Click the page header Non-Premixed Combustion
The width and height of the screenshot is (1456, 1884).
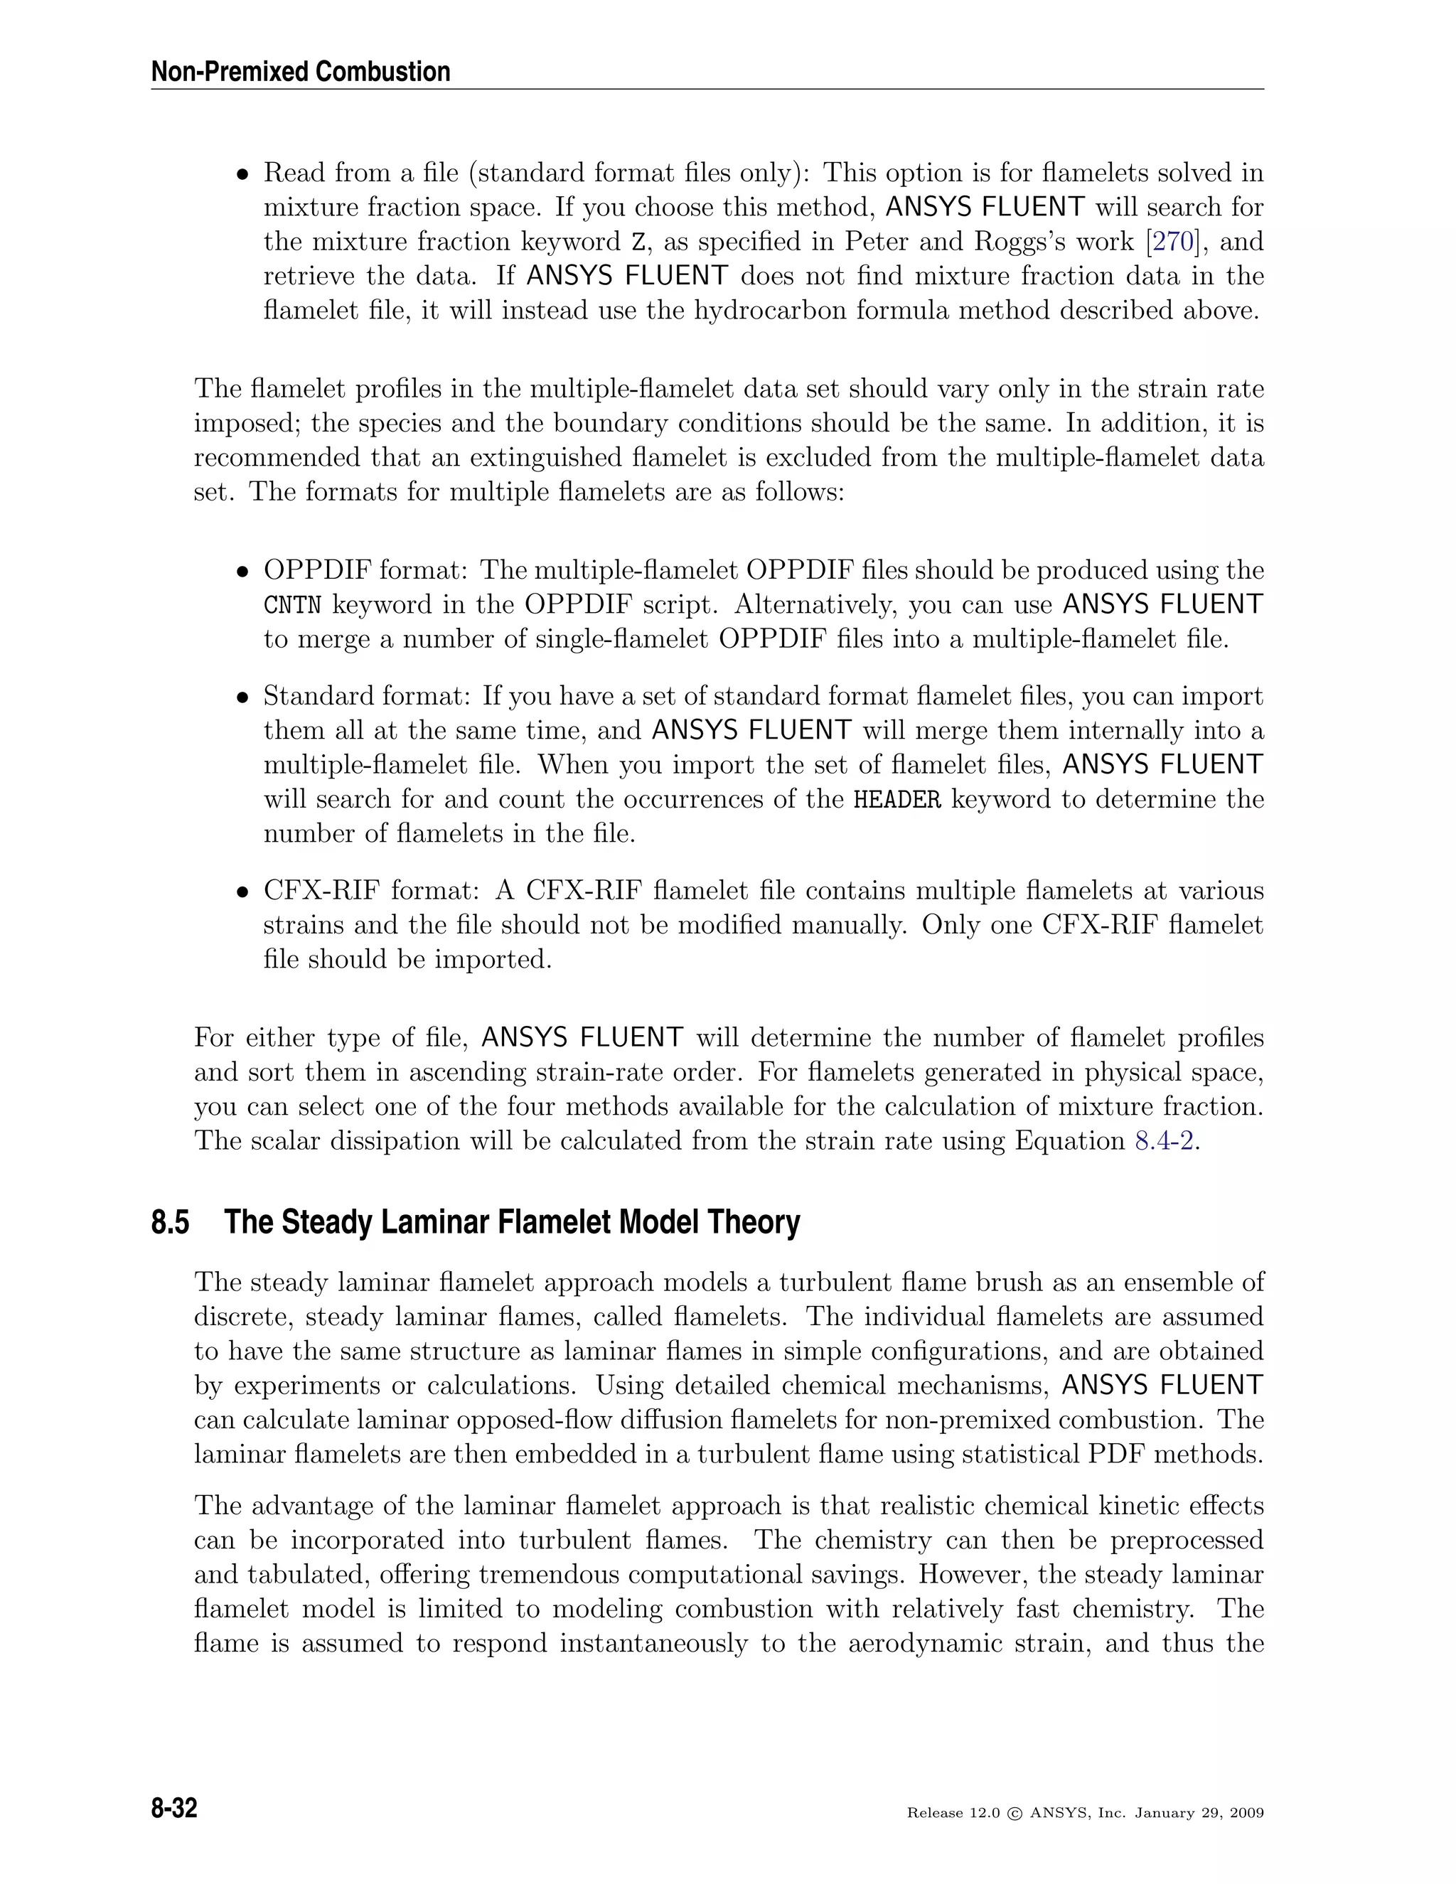pos(300,72)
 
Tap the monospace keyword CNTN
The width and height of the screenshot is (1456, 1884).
pos(291,606)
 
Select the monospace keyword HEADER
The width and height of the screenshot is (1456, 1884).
pos(897,800)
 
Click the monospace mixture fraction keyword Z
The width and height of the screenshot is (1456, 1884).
pos(636,242)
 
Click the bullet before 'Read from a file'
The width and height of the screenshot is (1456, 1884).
pos(244,175)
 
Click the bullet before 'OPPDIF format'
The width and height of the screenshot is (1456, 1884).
pos(244,572)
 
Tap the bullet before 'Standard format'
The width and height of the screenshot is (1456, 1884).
pos(244,697)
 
